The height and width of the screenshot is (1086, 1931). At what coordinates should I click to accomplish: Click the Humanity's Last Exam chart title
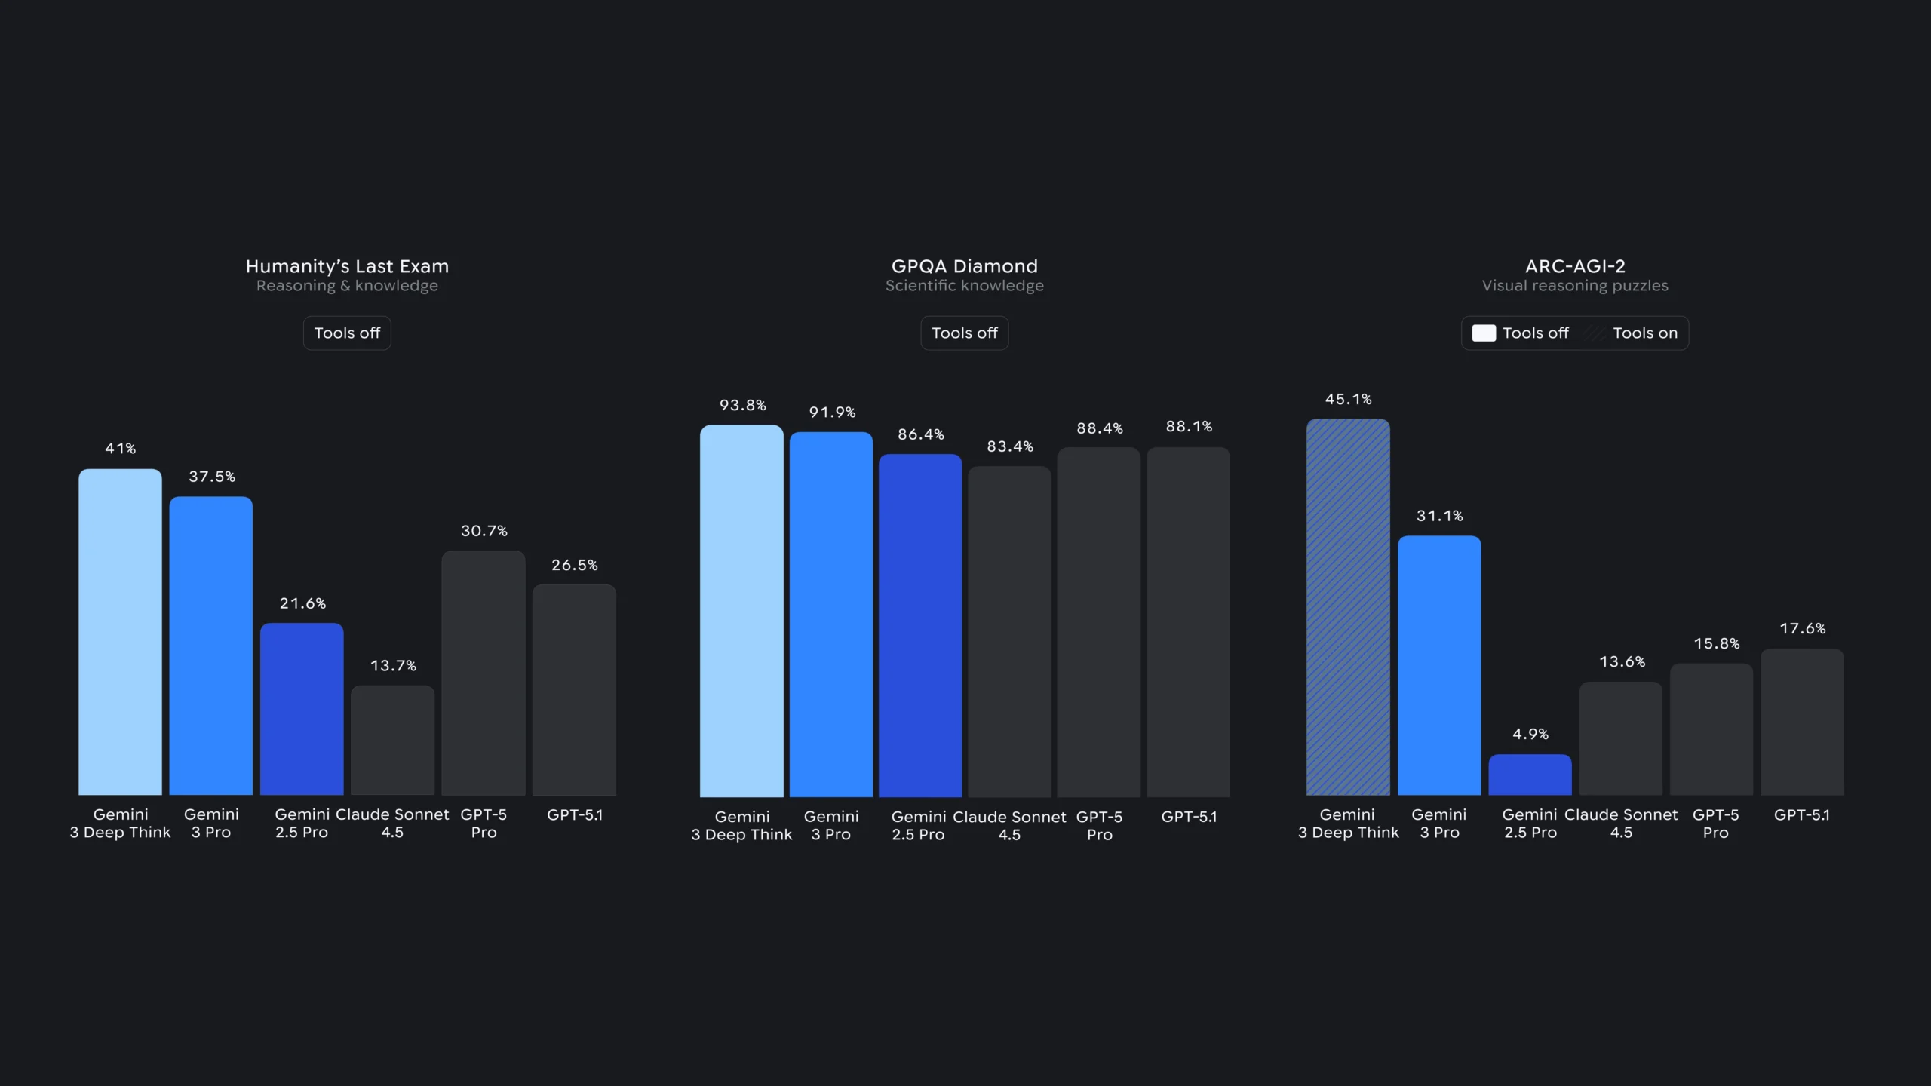click(x=347, y=266)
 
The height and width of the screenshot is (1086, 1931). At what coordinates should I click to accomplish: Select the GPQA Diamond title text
click(x=964, y=266)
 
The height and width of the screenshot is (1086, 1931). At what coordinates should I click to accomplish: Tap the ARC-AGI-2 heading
click(x=1575, y=266)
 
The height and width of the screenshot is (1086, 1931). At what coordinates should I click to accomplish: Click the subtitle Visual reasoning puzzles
click(x=1575, y=286)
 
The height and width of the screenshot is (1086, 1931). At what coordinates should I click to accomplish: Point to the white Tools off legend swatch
click(x=1483, y=333)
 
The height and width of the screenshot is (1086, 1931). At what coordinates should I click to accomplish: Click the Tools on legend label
click(x=1644, y=333)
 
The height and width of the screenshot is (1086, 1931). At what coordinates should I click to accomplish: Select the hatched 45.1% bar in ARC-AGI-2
click(x=1348, y=607)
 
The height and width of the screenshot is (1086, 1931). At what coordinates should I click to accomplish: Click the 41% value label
click(x=120, y=449)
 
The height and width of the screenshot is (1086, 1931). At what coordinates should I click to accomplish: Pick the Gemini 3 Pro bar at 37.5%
click(x=210, y=645)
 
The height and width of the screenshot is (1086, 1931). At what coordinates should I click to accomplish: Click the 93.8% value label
click(x=742, y=406)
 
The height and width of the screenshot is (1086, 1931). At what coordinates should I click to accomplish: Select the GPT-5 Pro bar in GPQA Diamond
click(x=1098, y=622)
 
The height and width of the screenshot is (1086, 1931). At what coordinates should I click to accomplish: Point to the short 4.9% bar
click(x=1530, y=775)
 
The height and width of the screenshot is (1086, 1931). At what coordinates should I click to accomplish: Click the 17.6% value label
click(x=1802, y=629)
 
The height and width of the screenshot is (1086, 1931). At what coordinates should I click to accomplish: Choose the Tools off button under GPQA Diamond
click(x=964, y=333)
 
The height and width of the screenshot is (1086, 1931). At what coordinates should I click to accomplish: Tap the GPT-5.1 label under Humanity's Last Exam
click(x=574, y=815)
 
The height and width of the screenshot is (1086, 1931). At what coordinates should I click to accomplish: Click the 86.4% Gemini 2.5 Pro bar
click(x=920, y=626)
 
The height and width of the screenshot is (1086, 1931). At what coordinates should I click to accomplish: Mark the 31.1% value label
click(x=1439, y=517)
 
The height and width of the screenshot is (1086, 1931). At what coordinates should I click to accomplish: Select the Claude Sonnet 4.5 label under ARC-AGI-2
click(x=1621, y=824)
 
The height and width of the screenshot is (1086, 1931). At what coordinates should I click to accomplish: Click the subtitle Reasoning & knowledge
click(x=347, y=286)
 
